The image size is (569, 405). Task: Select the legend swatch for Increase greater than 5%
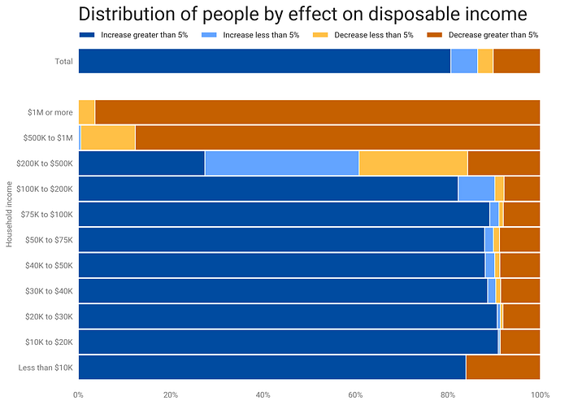click(x=86, y=35)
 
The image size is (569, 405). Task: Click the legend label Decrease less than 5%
click(x=385, y=35)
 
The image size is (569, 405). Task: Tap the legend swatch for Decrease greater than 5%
click(x=435, y=35)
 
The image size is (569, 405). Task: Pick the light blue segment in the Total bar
click(x=464, y=61)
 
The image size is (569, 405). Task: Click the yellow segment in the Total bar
click(x=485, y=61)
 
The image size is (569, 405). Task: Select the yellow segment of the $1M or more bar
click(x=87, y=111)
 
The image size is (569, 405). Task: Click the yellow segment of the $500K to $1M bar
click(x=108, y=137)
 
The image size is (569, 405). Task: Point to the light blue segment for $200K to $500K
click(x=281, y=163)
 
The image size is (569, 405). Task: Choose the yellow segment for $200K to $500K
click(x=413, y=163)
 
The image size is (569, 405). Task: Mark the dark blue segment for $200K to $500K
click(x=141, y=163)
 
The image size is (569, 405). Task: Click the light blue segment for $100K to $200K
click(x=476, y=189)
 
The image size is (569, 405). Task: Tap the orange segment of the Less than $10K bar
click(x=502, y=368)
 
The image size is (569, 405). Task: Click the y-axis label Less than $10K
click(x=46, y=368)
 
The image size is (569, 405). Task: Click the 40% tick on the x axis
click(x=263, y=395)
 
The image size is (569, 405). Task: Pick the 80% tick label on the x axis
click(x=447, y=395)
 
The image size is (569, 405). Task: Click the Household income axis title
click(x=10, y=214)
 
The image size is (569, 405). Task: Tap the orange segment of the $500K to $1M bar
click(x=337, y=137)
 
